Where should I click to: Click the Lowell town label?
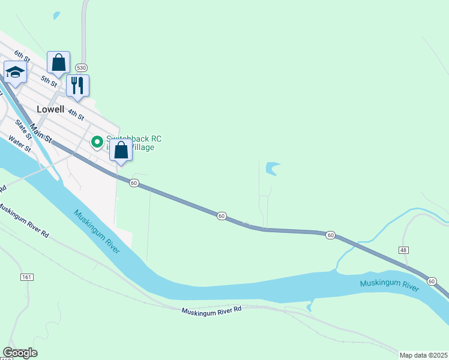50,109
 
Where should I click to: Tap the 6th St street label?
23,56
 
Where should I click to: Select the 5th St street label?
49,80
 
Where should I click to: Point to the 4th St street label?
76,113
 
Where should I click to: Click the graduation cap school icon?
14,73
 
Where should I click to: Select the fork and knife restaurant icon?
77,85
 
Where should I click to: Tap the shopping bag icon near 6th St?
58,62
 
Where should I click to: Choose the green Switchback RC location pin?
96,142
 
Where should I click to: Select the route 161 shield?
26,277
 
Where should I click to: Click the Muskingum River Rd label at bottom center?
211,310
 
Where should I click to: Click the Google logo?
20,353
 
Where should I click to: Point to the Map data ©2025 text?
424,355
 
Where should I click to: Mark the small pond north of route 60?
273,168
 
